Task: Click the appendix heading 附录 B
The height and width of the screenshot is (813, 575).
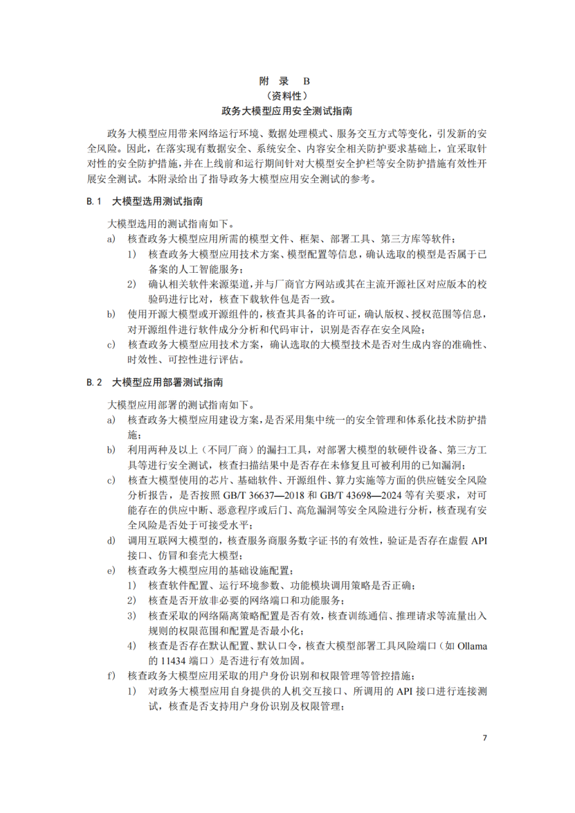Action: [x=286, y=81]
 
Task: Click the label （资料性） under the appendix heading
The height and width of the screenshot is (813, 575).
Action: [x=286, y=96]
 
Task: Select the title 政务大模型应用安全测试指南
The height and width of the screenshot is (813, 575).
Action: [x=286, y=111]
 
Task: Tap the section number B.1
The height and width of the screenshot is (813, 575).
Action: [x=94, y=202]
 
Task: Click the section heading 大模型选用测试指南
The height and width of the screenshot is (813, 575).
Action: [x=158, y=202]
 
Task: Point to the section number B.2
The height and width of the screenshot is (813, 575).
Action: [x=94, y=382]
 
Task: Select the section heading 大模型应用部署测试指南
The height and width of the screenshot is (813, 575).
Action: [x=167, y=382]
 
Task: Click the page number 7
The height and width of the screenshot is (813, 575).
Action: [x=485, y=738]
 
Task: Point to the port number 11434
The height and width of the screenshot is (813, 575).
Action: [x=164, y=661]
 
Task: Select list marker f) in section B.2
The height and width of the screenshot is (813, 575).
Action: [x=111, y=675]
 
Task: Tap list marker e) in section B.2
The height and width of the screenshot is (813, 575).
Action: [x=111, y=571]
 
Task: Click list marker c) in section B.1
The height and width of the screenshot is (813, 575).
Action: [x=111, y=344]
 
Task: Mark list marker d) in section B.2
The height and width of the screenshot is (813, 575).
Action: [x=111, y=540]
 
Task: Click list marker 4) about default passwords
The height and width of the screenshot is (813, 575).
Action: [x=131, y=646]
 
